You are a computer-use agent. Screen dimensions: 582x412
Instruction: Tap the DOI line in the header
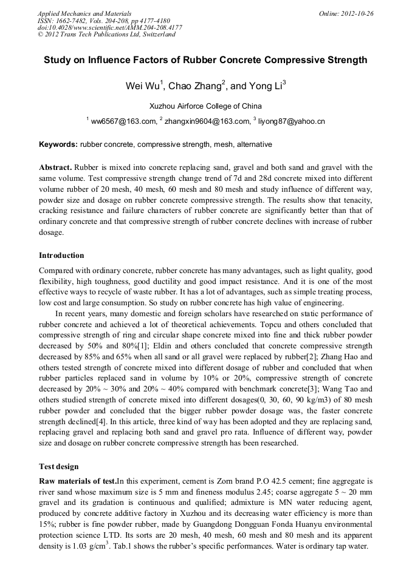point(109,27)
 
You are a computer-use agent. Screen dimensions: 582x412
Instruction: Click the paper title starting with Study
point(205,60)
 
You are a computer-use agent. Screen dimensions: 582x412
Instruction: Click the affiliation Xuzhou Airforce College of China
point(205,106)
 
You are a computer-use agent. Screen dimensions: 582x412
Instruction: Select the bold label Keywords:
point(58,144)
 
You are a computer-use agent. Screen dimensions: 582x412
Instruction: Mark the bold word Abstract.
point(56,167)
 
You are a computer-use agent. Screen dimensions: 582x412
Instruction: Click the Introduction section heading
point(61,255)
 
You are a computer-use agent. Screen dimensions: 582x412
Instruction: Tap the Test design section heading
point(59,467)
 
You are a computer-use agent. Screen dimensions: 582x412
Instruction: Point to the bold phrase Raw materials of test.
point(78,481)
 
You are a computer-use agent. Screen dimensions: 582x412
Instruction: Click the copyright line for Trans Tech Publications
point(106,35)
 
